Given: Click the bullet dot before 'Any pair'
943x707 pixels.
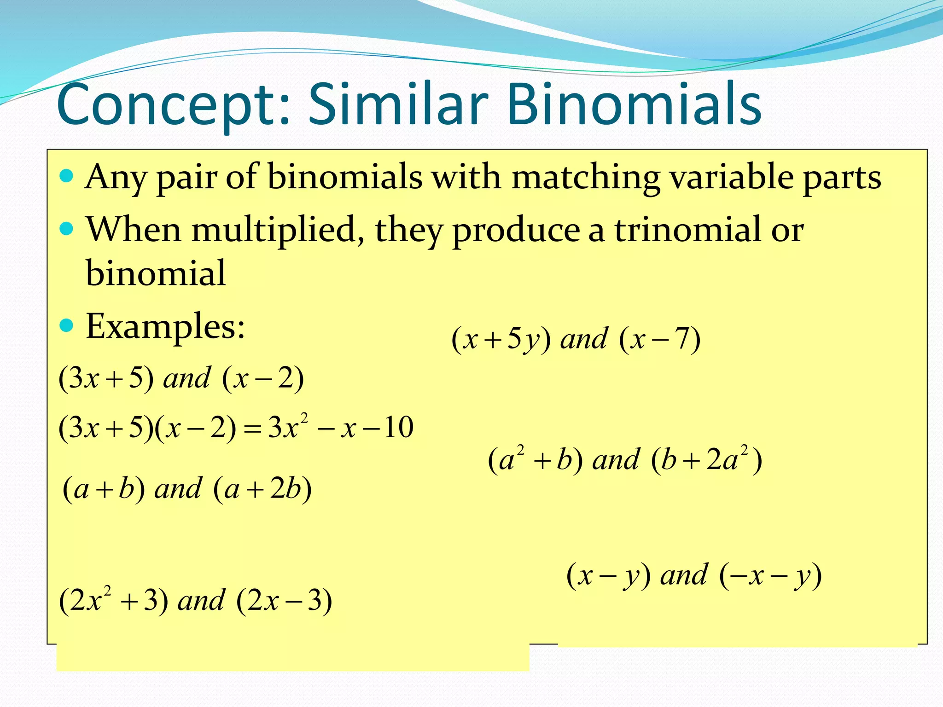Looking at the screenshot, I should click(67, 176).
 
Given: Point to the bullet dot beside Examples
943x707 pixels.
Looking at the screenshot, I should click(67, 326).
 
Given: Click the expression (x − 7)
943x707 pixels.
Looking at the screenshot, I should click(660, 340).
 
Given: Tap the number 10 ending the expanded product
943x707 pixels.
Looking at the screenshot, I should click(399, 427).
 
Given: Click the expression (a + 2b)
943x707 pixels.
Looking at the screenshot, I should click(262, 489).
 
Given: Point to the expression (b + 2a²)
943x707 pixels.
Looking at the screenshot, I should click(707, 460).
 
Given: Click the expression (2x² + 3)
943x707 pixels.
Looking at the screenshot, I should click(113, 600).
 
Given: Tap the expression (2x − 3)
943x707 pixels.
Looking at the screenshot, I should click(284, 600).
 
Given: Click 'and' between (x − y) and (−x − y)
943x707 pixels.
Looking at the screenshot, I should click(684, 575).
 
